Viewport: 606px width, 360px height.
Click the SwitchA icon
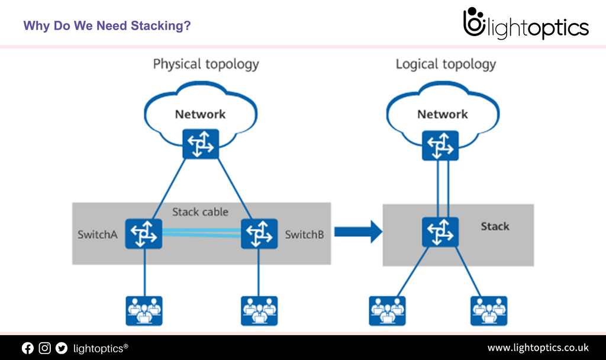[x=143, y=234]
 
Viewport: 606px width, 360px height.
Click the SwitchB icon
[x=259, y=234]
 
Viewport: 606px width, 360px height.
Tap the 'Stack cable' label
[x=200, y=212]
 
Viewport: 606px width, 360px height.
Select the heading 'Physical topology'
[x=206, y=64]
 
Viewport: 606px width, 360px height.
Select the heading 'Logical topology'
[x=446, y=64]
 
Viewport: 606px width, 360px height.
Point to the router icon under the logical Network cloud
[x=440, y=145]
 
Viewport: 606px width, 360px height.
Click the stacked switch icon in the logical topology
[x=440, y=232]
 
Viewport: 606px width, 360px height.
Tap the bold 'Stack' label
[x=495, y=226]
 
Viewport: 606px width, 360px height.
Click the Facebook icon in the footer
[x=28, y=348]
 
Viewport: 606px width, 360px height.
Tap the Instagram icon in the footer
[x=45, y=348]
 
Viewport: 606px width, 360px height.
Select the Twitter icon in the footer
[x=62, y=348]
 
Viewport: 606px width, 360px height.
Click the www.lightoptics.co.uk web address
[x=537, y=348]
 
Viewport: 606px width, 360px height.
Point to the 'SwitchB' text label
[x=304, y=234]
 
